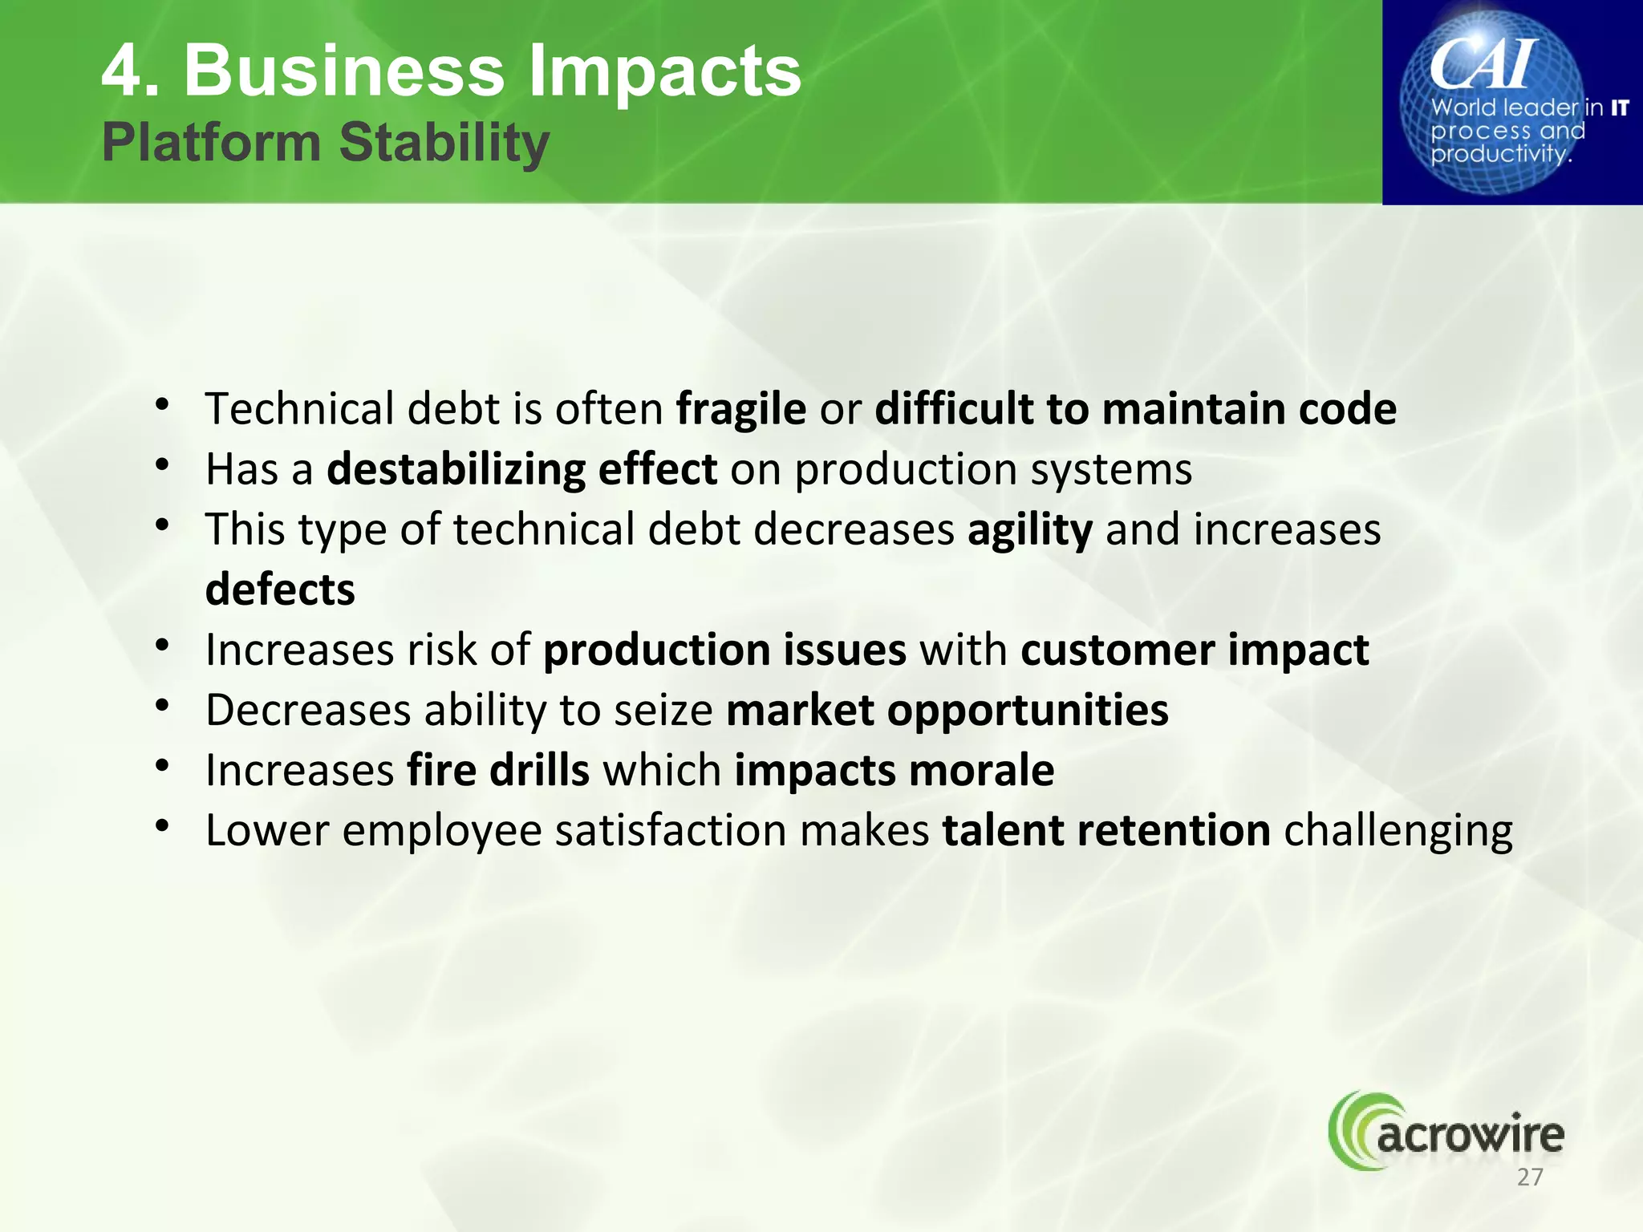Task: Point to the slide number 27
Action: coord(1530,1177)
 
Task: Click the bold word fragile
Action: coord(740,410)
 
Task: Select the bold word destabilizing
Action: coord(456,469)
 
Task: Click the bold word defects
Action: coord(280,590)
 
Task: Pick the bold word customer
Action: coord(1117,650)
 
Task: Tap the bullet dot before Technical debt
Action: coord(163,406)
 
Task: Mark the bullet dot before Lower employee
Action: coord(163,827)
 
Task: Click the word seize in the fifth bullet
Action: coord(663,711)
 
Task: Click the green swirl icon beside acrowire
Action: coord(1352,1131)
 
